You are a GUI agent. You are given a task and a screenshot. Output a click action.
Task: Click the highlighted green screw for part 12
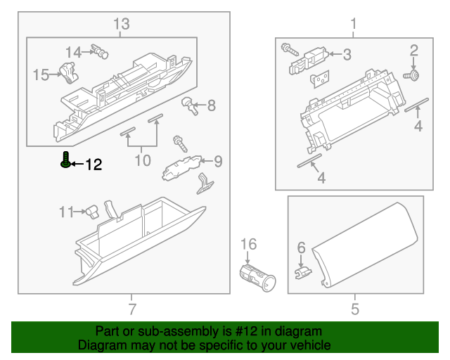click(x=65, y=161)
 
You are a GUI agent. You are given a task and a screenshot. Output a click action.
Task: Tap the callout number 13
click(x=122, y=25)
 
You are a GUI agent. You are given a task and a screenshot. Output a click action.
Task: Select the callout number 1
click(x=353, y=25)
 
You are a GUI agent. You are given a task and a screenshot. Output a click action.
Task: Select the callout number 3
click(x=347, y=55)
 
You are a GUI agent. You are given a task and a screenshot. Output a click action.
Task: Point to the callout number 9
click(x=218, y=162)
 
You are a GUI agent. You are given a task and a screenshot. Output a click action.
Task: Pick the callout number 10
click(x=143, y=160)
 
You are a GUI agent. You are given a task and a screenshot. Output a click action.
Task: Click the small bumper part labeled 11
click(x=91, y=210)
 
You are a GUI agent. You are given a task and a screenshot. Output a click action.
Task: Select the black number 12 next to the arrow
click(x=94, y=165)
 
